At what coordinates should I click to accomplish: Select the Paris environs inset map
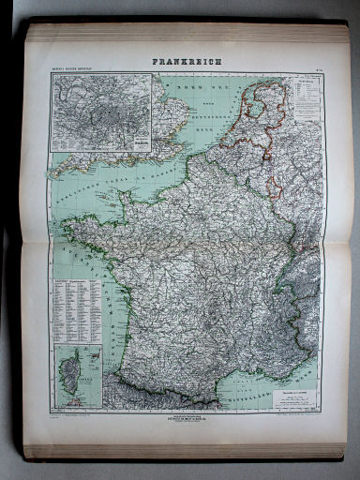pyautogui.click(x=102, y=112)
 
